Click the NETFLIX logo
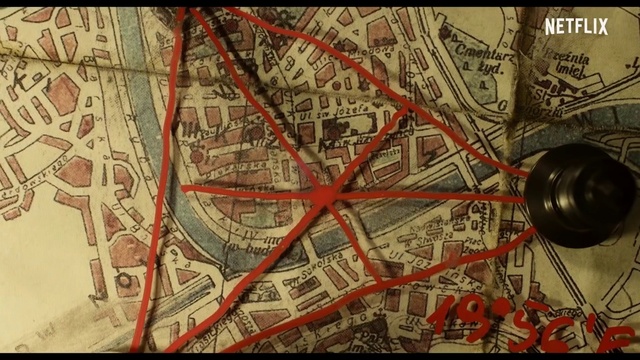[x=576, y=26]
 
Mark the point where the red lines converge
[x=322, y=196]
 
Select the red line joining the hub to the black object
[x=430, y=196]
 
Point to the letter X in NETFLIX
[x=603, y=26]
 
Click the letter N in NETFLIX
[x=549, y=26]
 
